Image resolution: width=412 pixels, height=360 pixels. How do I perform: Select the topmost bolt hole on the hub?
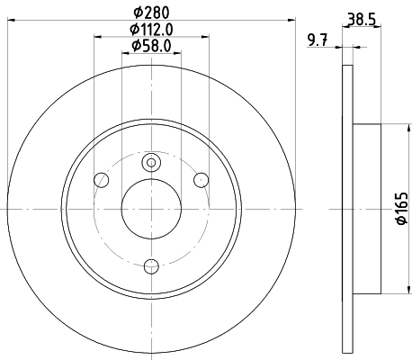tap(150, 162)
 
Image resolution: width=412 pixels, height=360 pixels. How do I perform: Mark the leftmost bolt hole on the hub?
tap(102, 181)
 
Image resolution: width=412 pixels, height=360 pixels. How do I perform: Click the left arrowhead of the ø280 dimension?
tap(9, 20)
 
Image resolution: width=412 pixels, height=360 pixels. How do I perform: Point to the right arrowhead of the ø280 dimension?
tap(291, 20)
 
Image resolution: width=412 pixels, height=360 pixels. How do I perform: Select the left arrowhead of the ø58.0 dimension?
tap(125, 53)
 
